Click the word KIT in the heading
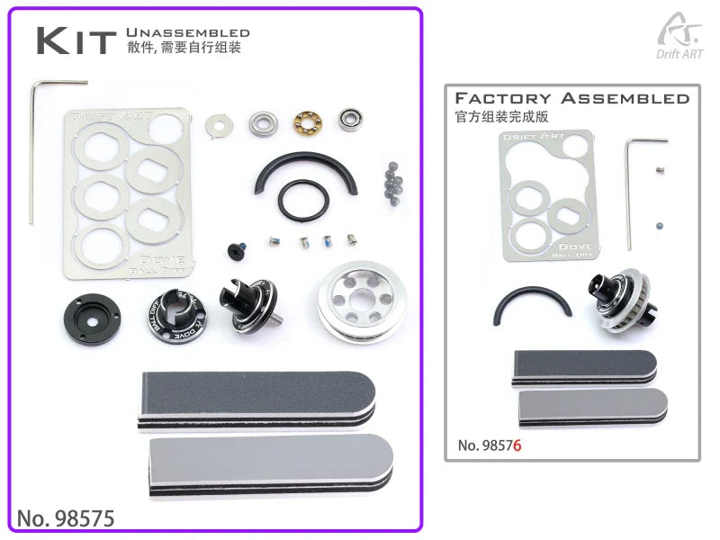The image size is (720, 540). (76, 40)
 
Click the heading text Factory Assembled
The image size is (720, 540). (572, 98)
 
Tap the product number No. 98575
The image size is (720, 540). (66, 518)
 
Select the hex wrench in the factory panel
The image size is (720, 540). (632, 189)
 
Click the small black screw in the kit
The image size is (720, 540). (239, 249)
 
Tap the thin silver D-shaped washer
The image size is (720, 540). (217, 125)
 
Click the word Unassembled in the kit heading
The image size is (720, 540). (188, 32)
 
